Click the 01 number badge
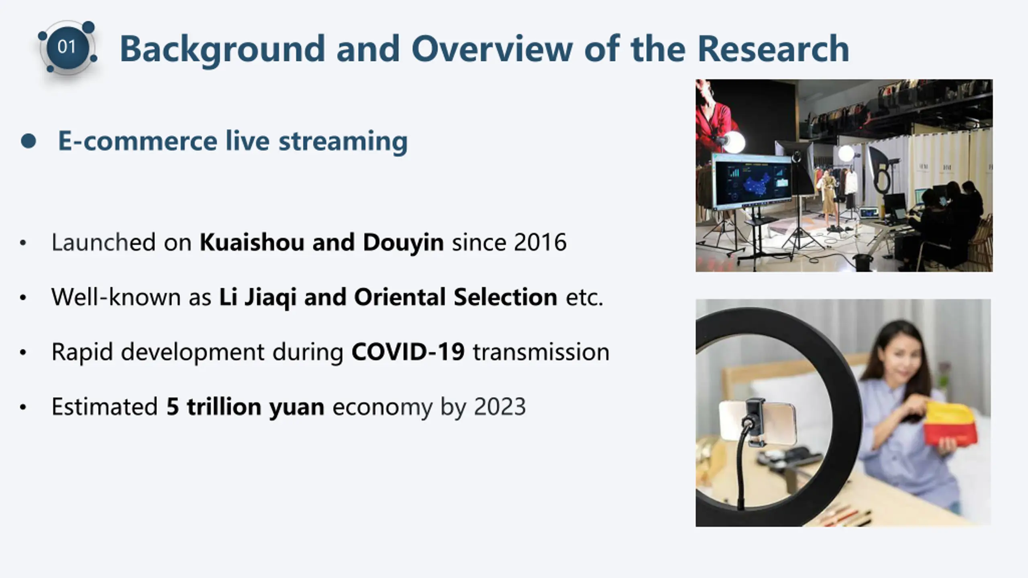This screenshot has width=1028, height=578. [67, 47]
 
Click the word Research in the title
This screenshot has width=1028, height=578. [773, 49]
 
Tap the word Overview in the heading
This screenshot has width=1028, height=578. [492, 49]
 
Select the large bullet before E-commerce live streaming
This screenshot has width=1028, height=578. [29, 141]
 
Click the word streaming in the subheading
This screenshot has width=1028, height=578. [343, 142]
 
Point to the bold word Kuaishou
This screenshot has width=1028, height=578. [252, 242]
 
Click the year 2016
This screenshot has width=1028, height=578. [540, 242]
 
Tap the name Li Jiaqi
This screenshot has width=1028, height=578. [257, 297]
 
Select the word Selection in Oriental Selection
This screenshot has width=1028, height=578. [506, 297]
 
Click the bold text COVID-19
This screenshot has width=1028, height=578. [408, 352]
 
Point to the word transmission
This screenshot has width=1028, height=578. [541, 352]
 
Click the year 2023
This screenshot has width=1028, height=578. [500, 407]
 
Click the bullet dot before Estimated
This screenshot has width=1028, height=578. [23, 407]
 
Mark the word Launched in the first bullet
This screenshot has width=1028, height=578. [104, 242]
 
